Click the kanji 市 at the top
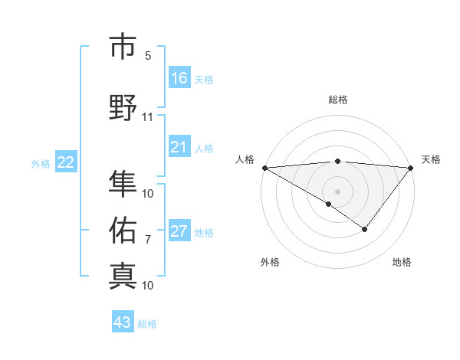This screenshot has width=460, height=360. click(x=123, y=47)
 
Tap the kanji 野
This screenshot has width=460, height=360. click(x=123, y=107)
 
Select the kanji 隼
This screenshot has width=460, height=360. click(x=123, y=184)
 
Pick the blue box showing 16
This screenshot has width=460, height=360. click(x=179, y=78)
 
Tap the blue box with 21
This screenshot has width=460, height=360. click(x=179, y=147)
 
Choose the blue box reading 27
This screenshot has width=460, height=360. click(x=179, y=232)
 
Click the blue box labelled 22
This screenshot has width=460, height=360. click(x=66, y=162)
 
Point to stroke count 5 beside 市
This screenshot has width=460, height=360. click(x=148, y=56)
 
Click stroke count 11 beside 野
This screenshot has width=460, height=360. click(x=148, y=117)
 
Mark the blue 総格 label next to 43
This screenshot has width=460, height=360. click(x=147, y=324)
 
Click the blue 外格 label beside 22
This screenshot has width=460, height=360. click(x=41, y=163)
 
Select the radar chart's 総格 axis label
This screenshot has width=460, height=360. click(x=338, y=100)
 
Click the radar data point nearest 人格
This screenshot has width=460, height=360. click(x=264, y=167)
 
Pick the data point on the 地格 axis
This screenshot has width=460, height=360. click(x=365, y=229)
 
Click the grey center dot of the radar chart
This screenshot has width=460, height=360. click(x=337, y=191)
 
